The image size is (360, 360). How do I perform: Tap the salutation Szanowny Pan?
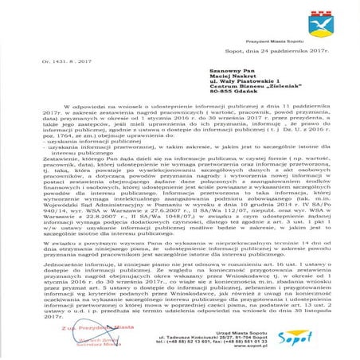pos(213,71)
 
